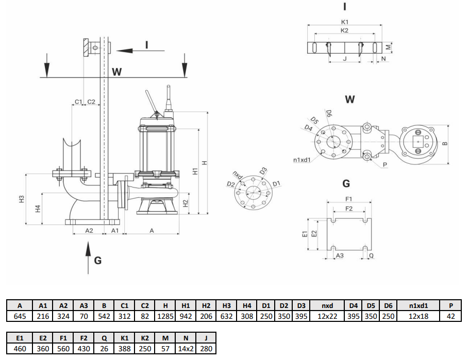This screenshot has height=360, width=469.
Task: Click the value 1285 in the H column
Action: [165, 316]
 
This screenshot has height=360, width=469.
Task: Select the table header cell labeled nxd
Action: [327, 305]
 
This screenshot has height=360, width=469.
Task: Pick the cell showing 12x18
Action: [419, 316]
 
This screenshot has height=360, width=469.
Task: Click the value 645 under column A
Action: [20, 316]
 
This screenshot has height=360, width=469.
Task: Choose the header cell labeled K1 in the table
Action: [123, 338]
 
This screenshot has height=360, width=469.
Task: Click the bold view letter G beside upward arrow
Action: [97, 260]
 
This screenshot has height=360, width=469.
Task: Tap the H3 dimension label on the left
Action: [21, 198]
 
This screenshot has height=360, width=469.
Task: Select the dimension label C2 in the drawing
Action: [91, 102]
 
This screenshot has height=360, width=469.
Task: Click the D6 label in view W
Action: [329, 113]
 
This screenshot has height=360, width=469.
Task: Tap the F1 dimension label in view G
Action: [348, 198]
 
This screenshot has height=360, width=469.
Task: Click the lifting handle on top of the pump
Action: [150, 101]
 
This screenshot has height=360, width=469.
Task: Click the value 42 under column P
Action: [451, 316]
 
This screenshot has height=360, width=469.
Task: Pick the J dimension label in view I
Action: [344, 59]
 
